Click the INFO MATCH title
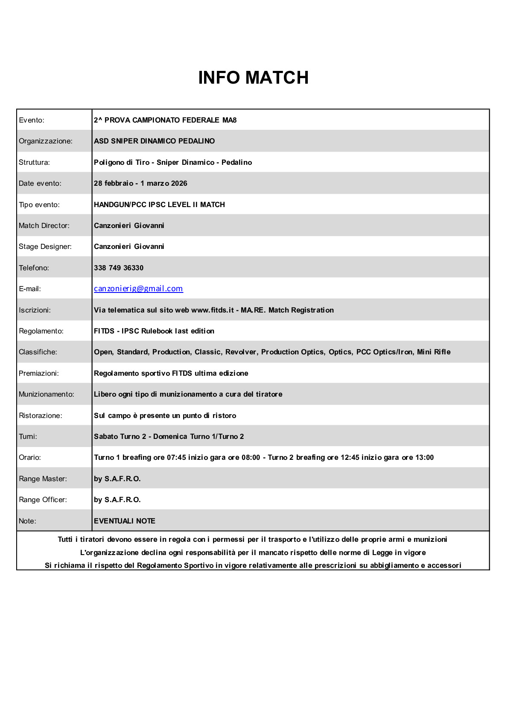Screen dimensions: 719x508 [x=253, y=78]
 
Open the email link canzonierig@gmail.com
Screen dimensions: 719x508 [x=138, y=289]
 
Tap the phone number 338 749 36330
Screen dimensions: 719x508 [x=119, y=268]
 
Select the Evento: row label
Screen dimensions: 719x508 [x=32, y=120]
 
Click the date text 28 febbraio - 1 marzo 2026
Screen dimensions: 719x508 [x=140, y=183]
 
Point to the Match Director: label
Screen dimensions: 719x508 [x=44, y=225]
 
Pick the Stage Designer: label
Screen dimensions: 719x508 [x=45, y=246]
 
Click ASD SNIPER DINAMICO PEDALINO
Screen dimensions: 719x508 [x=154, y=141]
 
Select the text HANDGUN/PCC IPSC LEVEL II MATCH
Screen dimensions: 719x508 [x=159, y=205]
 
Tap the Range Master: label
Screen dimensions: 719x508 [x=43, y=479]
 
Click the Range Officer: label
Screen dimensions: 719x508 [x=43, y=500]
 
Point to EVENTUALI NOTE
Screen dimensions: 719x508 [x=124, y=521]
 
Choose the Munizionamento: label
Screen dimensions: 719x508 [x=46, y=394]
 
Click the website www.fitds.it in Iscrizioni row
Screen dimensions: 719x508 [x=212, y=310]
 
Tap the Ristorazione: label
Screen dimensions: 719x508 [x=40, y=415]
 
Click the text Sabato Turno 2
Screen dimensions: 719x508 [x=120, y=436]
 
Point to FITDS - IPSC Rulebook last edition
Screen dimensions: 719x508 [x=154, y=331]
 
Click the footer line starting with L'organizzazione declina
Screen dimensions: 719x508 [x=253, y=552]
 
